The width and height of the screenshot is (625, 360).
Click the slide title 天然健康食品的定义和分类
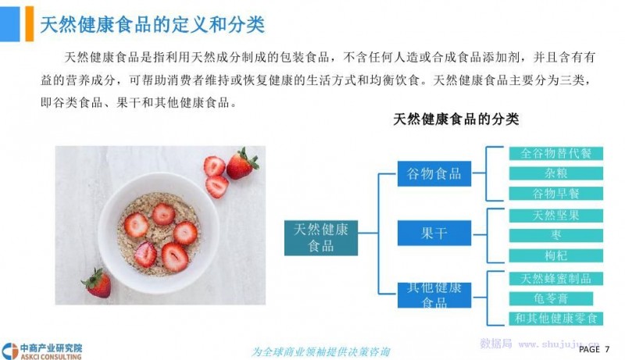152,25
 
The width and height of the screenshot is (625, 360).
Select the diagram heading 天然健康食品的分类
456,119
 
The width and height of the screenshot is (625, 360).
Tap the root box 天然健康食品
321,237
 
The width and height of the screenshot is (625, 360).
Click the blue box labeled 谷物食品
434,173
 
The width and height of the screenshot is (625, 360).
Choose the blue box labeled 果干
434,233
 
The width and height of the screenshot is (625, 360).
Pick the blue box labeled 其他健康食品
434,295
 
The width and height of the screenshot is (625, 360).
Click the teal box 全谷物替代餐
556,153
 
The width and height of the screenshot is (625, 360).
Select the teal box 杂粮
556,173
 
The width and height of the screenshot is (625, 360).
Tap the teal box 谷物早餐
556,194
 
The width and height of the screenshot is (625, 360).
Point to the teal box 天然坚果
556,216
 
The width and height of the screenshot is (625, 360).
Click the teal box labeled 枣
556,235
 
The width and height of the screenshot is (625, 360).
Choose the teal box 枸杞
556,255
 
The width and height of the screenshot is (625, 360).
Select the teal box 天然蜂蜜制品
556,278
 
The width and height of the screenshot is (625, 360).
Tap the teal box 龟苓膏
551,298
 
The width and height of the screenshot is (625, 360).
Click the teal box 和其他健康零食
556,319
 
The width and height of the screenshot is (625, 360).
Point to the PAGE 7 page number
594,349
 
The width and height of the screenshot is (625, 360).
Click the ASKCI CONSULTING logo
41,351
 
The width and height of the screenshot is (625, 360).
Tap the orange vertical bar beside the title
30,24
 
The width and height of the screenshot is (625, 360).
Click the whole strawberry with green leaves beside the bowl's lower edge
96,283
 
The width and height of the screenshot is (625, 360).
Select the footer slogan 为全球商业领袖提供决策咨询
320,352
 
